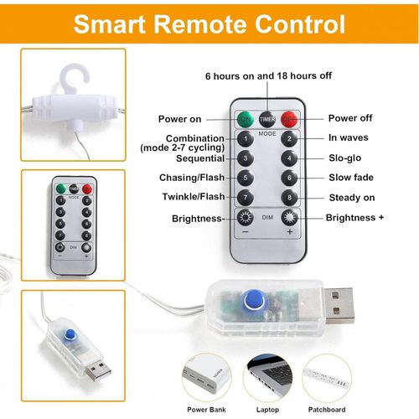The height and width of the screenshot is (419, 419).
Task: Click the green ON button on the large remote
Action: pyautogui.click(x=246, y=118)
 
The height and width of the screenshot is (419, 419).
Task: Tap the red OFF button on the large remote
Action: pyautogui.click(x=289, y=118)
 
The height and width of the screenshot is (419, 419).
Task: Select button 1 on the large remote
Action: pyautogui.click(x=246, y=138)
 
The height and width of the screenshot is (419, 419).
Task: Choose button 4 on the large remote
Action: pyautogui.click(x=289, y=158)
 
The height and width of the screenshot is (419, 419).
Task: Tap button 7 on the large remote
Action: pyautogui.click(x=246, y=197)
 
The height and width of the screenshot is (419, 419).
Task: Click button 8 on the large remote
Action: pyautogui.click(x=289, y=197)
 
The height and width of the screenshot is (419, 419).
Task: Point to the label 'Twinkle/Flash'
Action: pyautogui.click(x=193, y=197)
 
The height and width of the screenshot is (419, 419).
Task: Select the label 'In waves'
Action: pyautogui.click(x=348, y=137)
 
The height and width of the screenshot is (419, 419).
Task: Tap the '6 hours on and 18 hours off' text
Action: pyautogui.click(x=268, y=75)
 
